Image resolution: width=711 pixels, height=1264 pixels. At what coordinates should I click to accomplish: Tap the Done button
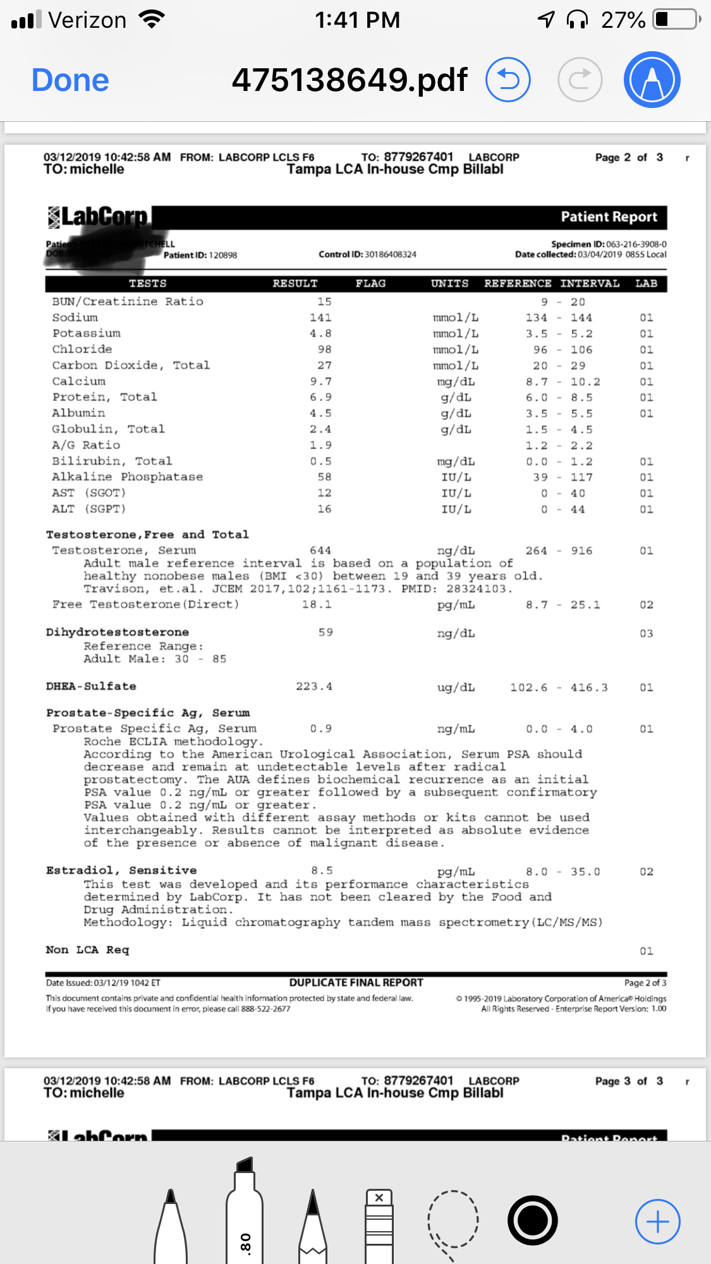pyautogui.click(x=70, y=80)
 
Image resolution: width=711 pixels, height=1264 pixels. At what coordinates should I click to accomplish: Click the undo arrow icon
pyautogui.click(x=507, y=80)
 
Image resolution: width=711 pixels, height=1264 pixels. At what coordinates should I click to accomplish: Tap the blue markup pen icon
pyautogui.click(x=652, y=80)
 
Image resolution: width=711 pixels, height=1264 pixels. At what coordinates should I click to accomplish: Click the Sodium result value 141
pyautogui.click(x=320, y=318)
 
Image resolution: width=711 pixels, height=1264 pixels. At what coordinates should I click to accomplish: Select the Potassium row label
pyautogui.click(x=87, y=334)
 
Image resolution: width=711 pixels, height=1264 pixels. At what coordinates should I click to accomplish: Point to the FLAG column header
pyautogui.click(x=370, y=284)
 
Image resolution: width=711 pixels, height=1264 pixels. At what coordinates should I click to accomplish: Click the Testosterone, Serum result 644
pyautogui.click(x=320, y=551)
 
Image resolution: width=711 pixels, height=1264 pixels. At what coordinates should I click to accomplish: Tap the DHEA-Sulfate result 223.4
pyautogui.click(x=314, y=687)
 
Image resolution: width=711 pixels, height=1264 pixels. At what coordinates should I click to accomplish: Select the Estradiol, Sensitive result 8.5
pyautogui.click(x=322, y=870)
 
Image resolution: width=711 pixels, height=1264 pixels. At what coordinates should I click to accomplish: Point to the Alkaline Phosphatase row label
pyautogui.click(x=128, y=477)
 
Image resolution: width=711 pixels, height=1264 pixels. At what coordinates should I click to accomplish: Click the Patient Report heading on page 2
pyautogui.click(x=609, y=217)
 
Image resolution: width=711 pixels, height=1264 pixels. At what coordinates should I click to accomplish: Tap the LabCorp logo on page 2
pyautogui.click(x=98, y=217)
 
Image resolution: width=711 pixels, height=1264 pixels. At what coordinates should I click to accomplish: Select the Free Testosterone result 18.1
pyautogui.click(x=317, y=605)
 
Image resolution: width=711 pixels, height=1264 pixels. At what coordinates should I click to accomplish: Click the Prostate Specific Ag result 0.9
pyautogui.click(x=321, y=729)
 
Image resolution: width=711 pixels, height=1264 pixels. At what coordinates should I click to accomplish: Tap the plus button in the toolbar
pyautogui.click(x=657, y=1222)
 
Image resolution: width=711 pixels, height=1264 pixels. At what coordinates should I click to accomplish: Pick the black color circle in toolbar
pyautogui.click(x=532, y=1220)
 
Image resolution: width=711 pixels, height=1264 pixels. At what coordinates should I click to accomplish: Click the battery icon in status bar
pyautogui.click(x=676, y=20)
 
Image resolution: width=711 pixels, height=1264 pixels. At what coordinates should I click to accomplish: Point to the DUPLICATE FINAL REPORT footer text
pyautogui.click(x=356, y=983)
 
